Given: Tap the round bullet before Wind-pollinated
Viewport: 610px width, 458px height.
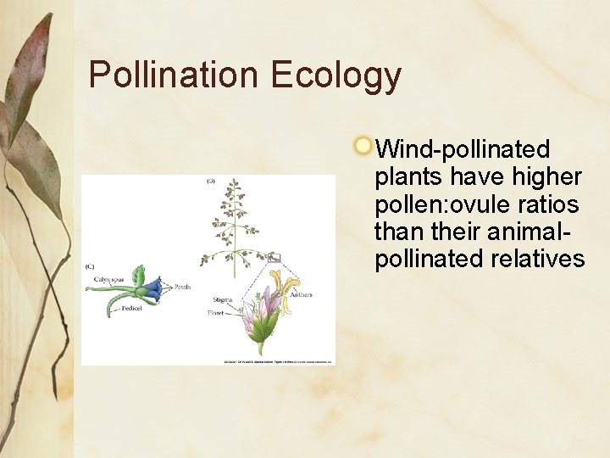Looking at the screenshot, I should pyautogui.click(x=363, y=146).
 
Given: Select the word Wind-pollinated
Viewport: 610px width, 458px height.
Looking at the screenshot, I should pyautogui.click(x=463, y=150).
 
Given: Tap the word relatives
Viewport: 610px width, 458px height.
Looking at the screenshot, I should pyautogui.click(x=538, y=259).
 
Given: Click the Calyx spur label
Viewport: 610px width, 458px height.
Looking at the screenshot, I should pyautogui.click(x=108, y=278).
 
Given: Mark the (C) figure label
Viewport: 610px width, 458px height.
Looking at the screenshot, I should pyautogui.click(x=89, y=266).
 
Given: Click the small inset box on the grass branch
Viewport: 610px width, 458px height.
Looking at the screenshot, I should pyautogui.click(x=274, y=257).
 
